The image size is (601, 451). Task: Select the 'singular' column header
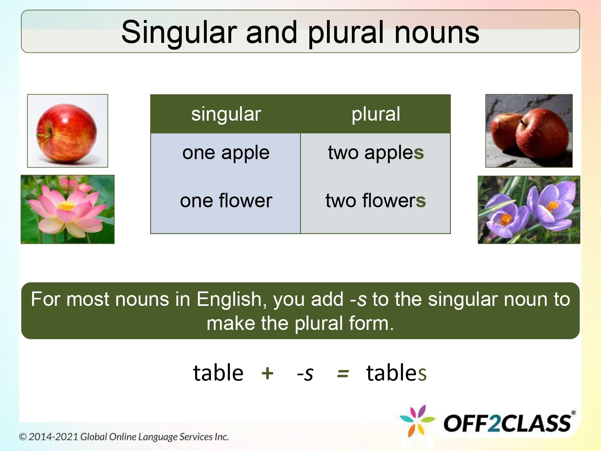226,114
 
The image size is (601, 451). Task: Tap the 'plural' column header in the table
375,114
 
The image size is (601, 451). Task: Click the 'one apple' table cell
226,153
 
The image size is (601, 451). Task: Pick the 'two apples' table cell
375,153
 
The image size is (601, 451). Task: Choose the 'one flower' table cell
226,200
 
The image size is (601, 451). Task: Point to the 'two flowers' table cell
375,200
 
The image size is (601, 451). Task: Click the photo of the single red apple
67,131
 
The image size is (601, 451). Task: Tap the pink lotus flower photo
67,209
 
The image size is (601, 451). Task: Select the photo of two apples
529,131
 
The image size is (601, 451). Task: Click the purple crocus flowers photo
529,210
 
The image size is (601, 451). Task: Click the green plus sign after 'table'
267,373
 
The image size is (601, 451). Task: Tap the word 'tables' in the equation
396,373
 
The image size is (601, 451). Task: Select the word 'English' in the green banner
229,299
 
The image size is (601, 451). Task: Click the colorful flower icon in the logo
417,421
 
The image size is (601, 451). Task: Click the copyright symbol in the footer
23,437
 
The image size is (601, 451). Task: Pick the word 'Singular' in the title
179,33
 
